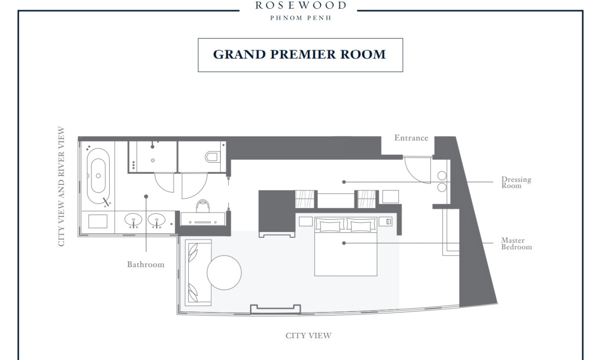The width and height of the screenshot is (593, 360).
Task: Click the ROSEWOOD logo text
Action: click(x=301, y=5)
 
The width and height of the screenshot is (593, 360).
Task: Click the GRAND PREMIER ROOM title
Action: click(x=299, y=54)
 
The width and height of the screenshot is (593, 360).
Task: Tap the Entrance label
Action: click(x=411, y=138)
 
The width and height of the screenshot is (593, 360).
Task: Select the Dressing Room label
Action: click(x=516, y=182)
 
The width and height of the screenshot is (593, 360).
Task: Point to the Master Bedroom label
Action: click(x=516, y=244)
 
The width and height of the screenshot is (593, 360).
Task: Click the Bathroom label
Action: click(x=146, y=265)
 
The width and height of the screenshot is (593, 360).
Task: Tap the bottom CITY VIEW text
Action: click(x=308, y=336)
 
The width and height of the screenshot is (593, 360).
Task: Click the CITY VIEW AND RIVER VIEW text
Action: click(x=61, y=186)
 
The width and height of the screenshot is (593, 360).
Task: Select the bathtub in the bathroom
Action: click(x=98, y=176)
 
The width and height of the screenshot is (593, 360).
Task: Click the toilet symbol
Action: click(x=213, y=157)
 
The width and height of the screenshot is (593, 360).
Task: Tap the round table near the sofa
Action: click(x=224, y=272)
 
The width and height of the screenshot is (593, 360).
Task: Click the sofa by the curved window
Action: click(x=198, y=272)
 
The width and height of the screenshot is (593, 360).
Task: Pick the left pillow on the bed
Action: click(x=330, y=225)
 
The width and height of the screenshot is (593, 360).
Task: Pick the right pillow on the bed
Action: click(x=361, y=225)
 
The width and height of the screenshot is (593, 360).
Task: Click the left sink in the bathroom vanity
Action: click(x=133, y=220)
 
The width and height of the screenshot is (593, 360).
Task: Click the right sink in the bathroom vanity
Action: click(x=157, y=220)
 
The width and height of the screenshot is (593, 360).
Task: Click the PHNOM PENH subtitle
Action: click(x=301, y=18)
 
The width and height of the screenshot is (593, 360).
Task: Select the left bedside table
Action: click(x=306, y=222)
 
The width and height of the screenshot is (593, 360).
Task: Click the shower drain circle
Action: click(x=153, y=161)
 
